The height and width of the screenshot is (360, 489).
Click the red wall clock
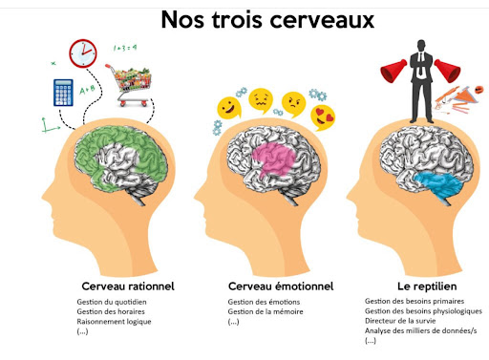pyautogui.click(x=83, y=53)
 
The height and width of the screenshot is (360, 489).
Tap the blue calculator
pyautogui.click(x=63, y=93)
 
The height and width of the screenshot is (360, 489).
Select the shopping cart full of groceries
pyautogui.click(x=129, y=85)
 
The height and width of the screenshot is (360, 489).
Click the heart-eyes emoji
pyautogui.click(x=323, y=117)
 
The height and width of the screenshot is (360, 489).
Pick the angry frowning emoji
pyautogui.click(x=293, y=104)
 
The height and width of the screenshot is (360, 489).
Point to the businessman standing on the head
pyautogui.click(x=421, y=81)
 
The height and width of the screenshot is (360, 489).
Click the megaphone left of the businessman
pyautogui.click(x=393, y=71)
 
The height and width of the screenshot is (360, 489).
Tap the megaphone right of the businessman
pyautogui.click(x=447, y=71)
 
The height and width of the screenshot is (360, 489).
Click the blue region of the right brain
pyautogui.click(x=441, y=185)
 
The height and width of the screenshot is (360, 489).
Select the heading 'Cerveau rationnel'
pyautogui.click(x=128, y=286)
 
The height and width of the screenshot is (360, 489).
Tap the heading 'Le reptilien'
pyautogui.click(x=427, y=286)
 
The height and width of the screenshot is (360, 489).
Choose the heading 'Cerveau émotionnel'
pyautogui.click(x=281, y=286)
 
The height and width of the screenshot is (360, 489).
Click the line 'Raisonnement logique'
pyautogui.click(x=114, y=322)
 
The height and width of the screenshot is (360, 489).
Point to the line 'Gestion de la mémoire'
pyautogui.click(x=266, y=311)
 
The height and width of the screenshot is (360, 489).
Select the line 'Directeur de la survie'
pyautogui.click(x=400, y=321)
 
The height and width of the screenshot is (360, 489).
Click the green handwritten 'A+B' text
pyautogui.click(x=87, y=90)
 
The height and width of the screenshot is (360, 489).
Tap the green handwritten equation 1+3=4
pyautogui.click(x=125, y=48)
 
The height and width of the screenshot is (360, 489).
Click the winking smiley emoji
pyautogui.click(x=229, y=108)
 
